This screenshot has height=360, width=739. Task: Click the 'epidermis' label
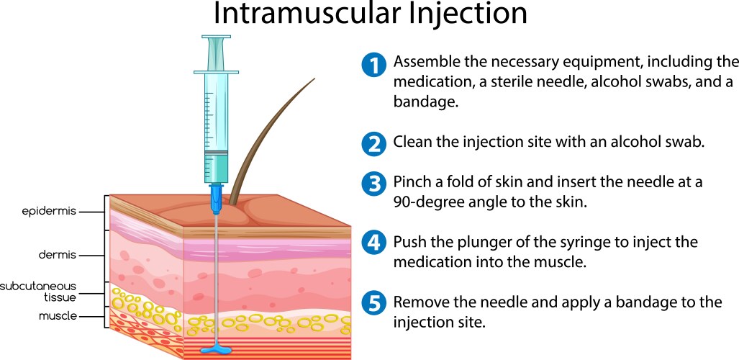point(47,212)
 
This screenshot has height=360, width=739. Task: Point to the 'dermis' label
point(58,255)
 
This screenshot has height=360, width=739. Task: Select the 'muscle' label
point(58,316)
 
